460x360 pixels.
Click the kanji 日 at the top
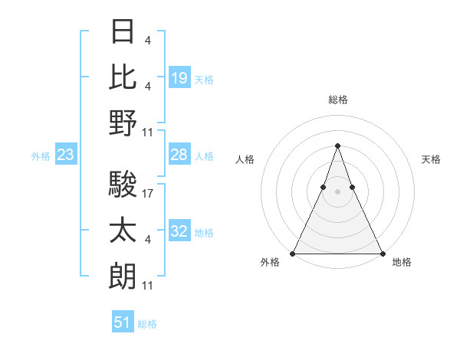123,31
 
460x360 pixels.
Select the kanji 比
123,77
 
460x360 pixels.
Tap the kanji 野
123,123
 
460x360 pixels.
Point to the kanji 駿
123,185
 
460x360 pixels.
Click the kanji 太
123,230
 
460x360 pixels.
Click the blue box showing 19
179,77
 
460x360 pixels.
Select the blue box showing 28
179,155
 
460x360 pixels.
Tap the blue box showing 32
179,232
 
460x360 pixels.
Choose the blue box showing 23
66,155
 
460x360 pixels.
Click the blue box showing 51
123,322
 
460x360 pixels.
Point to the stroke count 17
149,194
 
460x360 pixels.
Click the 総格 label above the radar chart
337,100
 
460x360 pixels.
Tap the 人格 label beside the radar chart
245,159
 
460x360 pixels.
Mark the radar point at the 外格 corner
293,254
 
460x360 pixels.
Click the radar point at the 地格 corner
382,254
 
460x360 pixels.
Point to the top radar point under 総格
337,146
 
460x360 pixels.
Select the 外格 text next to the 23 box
41,156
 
